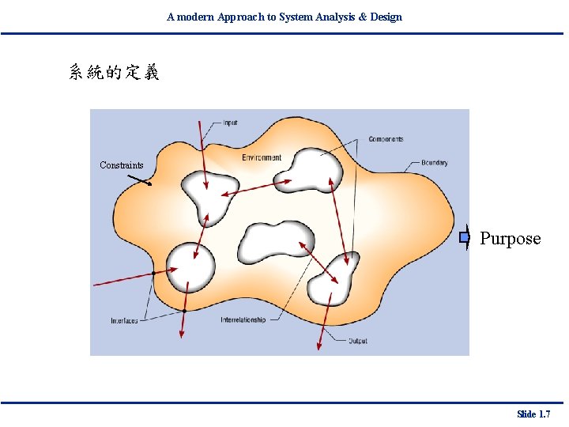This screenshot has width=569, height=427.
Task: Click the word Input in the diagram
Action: point(230,123)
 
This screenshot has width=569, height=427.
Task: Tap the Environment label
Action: point(262,157)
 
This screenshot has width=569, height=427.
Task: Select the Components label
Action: point(386,139)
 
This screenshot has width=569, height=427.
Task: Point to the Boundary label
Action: point(434,163)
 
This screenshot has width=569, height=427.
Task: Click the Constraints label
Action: point(122,165)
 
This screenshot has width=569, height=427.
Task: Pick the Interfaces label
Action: point(124,320)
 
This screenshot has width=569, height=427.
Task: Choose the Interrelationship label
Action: point(243,320)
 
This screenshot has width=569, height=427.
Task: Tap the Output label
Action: point(357,341)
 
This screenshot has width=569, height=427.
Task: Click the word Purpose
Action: point(511,239)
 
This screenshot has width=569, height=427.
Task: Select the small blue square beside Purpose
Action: point(465,236)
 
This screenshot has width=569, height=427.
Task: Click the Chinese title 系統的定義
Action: point(115,73)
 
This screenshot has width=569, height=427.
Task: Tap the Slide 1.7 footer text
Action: point(533,414)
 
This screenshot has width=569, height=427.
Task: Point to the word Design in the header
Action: point(386,17)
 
